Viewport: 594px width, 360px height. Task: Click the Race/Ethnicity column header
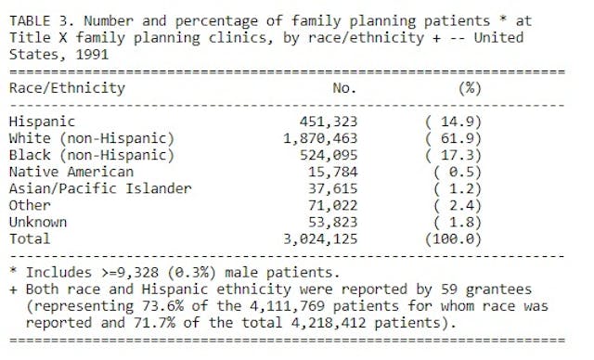click(67, 88)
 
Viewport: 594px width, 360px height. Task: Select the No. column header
click(344, 88)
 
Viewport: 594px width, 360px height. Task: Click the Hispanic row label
click(42, 121)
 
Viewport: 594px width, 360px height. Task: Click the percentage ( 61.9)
click(463, 137)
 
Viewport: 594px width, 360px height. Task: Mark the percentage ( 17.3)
click(463, 154)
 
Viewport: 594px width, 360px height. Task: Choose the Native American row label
click(71, 172)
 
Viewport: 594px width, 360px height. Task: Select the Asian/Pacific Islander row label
click(99, 188)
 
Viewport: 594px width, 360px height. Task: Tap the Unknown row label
click(38, 223)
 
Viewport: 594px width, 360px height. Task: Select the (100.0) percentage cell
click(463, 239)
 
